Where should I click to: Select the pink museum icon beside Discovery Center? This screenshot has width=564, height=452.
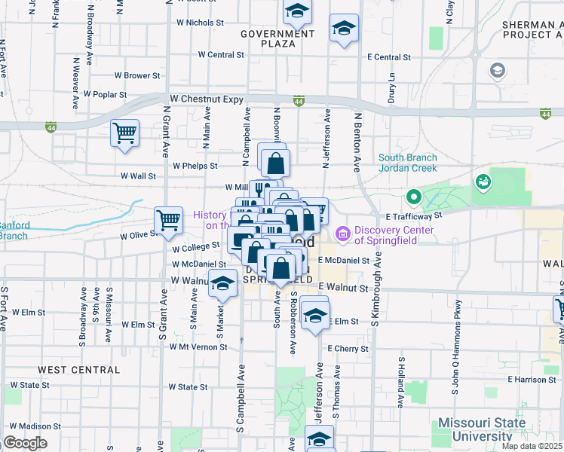343,235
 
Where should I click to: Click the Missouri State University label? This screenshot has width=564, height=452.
483,429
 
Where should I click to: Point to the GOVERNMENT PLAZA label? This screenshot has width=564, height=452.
277,38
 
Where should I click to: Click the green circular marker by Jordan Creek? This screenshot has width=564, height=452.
413,198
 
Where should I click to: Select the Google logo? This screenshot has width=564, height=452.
25,443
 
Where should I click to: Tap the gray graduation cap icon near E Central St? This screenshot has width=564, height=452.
497,71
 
